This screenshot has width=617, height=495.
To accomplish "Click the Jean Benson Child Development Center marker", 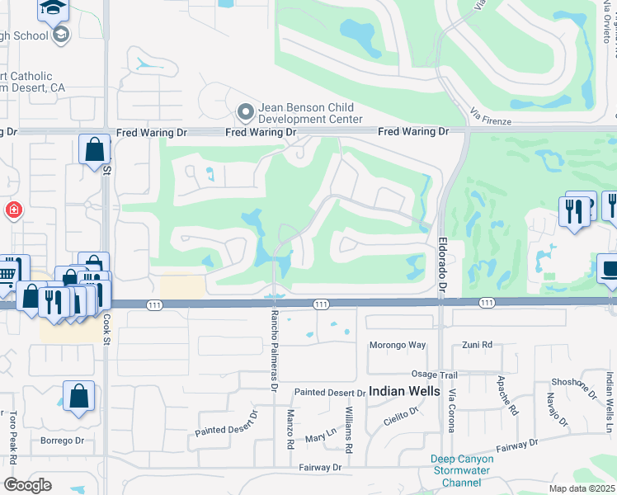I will click(244, 111).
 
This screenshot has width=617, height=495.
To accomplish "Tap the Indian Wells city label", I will click(404, 391).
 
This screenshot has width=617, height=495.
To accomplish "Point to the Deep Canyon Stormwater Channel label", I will click(462, 470).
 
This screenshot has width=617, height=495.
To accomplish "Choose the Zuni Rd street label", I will click(477, 344).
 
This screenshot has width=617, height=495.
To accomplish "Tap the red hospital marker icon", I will click(13, 210).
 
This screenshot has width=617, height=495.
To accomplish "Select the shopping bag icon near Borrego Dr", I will click(78, 395).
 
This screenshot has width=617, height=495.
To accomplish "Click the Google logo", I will click(27, 485).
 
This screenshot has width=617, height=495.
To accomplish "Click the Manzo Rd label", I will click(290, 430).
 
